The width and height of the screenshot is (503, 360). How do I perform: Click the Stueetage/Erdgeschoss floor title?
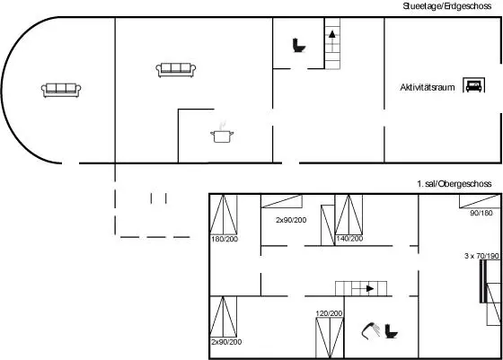(x=447, y=6)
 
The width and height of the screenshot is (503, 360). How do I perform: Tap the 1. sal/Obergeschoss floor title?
(x=454, y=184)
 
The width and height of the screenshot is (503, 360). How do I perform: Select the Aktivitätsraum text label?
(x=428, y=87)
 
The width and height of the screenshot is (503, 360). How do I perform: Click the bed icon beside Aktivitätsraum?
(x=474, y=85)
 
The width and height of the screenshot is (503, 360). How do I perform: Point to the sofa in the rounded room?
(x=61, y=90)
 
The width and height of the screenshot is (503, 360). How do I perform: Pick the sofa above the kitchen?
(x=176, y=70)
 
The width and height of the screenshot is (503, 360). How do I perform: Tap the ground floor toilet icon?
(x=298, y=46)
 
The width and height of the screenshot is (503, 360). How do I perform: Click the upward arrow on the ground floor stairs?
(x=332, y=34)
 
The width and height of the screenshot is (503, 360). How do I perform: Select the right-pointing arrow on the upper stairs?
(x=370, y=288)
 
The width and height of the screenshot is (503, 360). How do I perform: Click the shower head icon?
(x=370, y=330)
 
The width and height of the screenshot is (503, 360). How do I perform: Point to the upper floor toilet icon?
(x=391, y=331)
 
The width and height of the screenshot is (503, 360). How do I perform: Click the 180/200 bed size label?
(x=225, y=239)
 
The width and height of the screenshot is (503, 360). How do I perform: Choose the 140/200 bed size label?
(x=349, y=239)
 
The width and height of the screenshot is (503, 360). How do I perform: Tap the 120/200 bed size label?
(x=329, y=313)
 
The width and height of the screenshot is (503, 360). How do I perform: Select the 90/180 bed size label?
(x=481, y=213)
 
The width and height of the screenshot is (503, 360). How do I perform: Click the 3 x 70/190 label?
(x=481, y=256)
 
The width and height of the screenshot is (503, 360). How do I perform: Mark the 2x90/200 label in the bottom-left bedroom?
(x=226, y=342)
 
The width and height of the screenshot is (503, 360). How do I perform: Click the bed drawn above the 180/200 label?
(x=224, y=215)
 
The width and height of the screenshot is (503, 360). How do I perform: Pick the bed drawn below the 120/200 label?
(x=330, y=338)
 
